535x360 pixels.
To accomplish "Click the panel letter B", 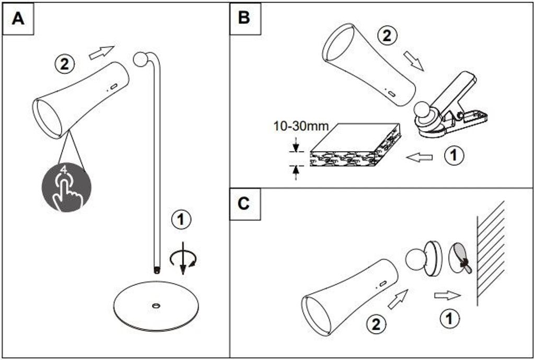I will tap(244, 18).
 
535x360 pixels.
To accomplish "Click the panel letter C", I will tap(244, 204).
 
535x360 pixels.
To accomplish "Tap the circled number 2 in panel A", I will tap(64, 64).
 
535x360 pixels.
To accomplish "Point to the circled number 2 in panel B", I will tap(387, 36).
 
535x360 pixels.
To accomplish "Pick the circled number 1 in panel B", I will tap(454, 155).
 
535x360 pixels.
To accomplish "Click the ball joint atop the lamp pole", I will tap(141, 59).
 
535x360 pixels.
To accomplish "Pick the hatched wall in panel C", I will tap(490, 253).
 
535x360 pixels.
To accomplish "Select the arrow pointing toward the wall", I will tap(448, 296).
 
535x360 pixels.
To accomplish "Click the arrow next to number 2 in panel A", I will tap(101, 52).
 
